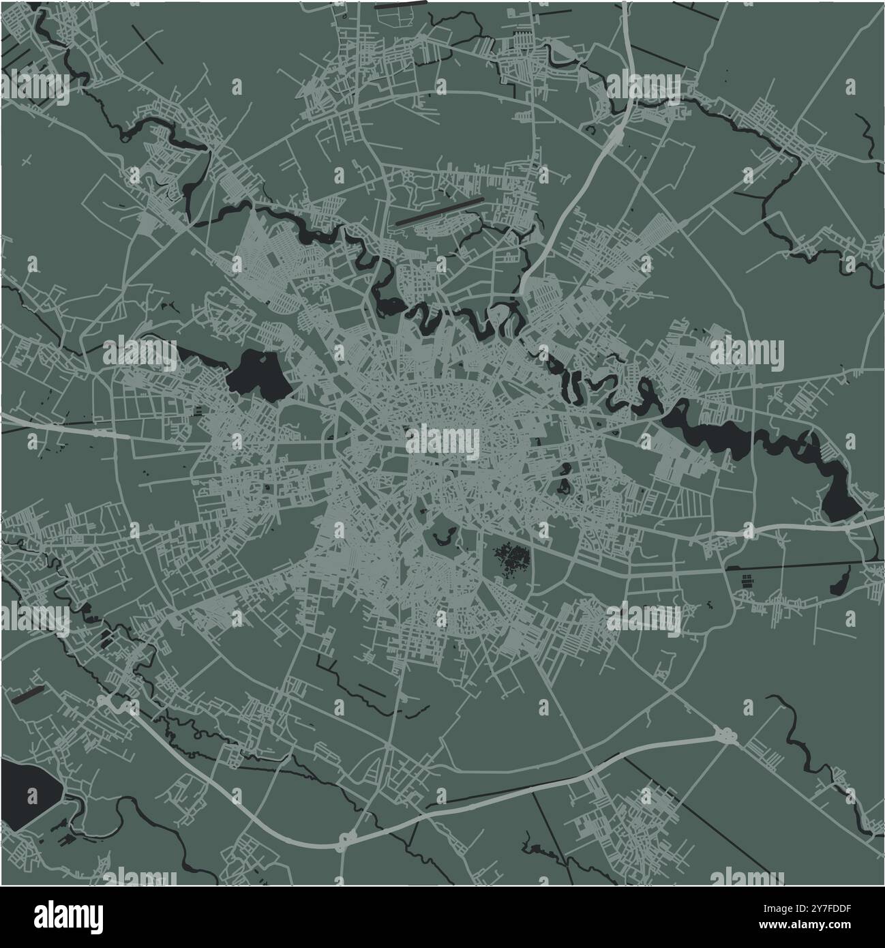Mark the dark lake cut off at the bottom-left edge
click(27, 795)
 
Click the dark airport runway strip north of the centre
click(439, 212)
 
